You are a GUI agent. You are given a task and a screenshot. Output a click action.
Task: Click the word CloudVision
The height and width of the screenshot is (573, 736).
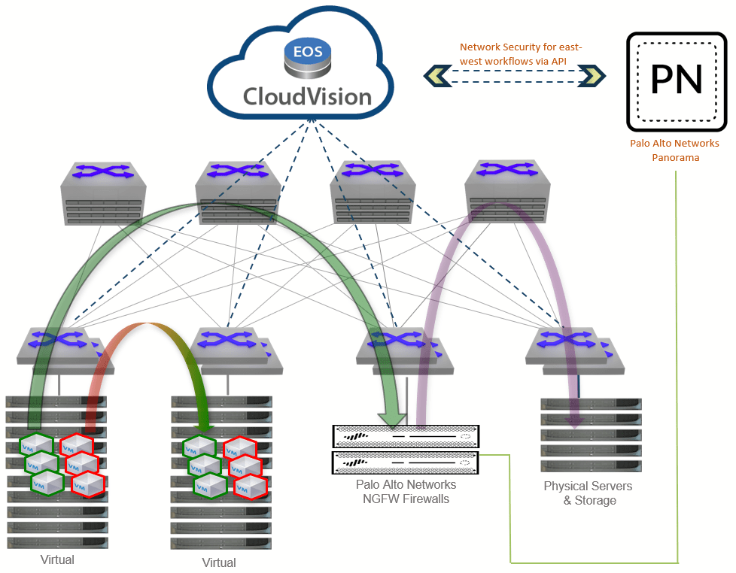[307, 96]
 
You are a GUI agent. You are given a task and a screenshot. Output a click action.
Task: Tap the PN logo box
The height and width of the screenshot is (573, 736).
[677, 81]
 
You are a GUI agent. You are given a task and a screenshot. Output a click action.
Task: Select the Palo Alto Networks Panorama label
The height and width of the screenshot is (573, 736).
[674, 150]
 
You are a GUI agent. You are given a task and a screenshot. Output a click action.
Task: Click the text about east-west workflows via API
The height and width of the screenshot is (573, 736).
[521, 53]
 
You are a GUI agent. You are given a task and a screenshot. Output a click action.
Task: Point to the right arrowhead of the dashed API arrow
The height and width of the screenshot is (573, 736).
[592, 75]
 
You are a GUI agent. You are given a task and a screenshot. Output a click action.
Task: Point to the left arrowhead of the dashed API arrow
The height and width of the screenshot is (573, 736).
[436, 75]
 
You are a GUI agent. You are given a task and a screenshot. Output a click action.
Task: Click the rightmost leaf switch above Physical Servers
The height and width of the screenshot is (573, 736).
[575, 349]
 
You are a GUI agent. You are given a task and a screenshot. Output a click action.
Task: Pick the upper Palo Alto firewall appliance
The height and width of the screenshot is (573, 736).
[406, 436]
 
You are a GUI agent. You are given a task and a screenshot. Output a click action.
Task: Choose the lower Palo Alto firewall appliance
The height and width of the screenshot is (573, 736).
[406, 462]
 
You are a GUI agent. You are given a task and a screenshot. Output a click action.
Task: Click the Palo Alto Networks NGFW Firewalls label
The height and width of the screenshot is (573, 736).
[406, 491]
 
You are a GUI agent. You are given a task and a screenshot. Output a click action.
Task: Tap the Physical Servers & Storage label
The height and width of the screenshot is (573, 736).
[588, 493]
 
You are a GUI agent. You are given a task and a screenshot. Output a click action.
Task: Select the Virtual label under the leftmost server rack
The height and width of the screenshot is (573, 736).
[57, 559]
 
